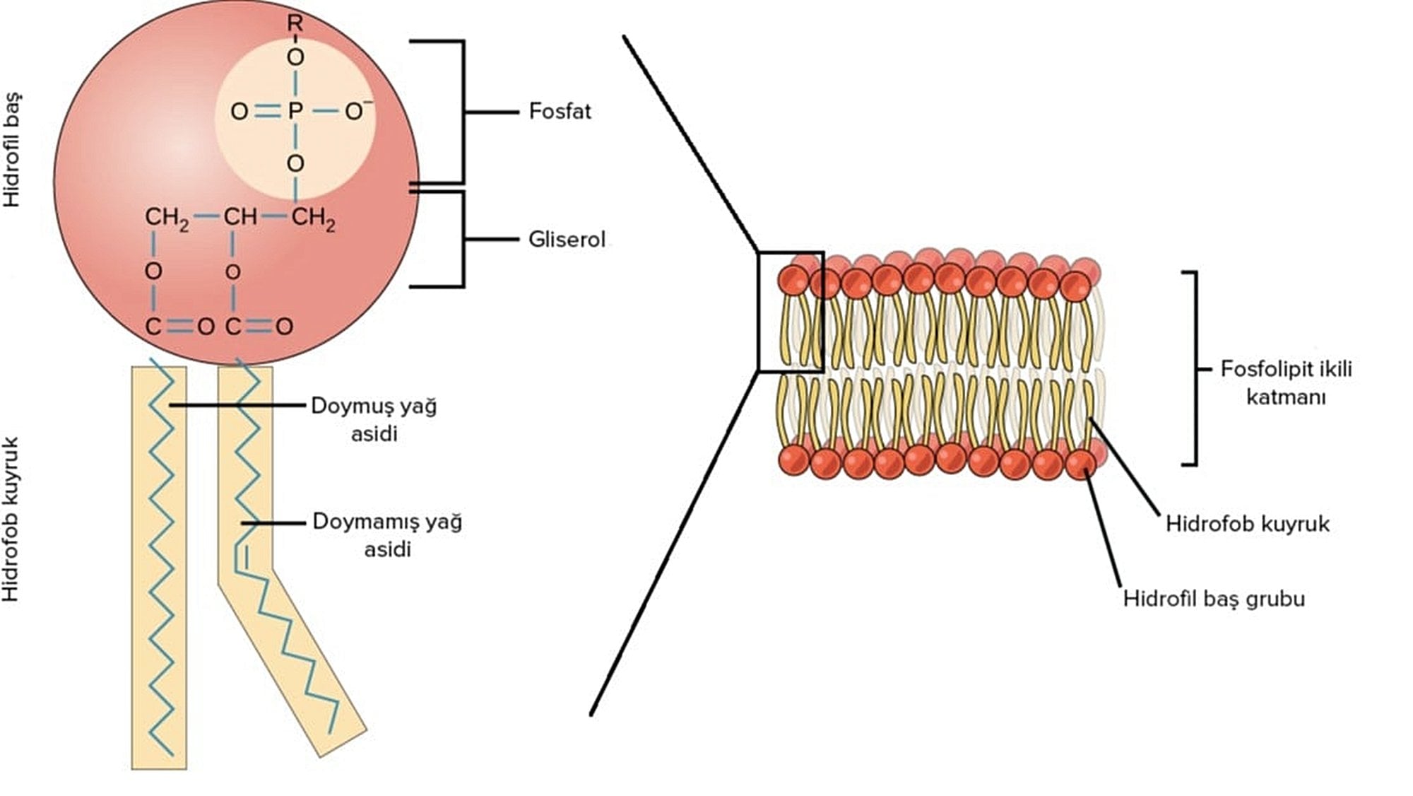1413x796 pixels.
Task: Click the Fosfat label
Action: [x=560, y=112]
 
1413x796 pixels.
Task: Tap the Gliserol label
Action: [x=567, y=240]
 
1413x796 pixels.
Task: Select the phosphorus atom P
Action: [x=295, y=111]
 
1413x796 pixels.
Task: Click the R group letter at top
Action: [x=295, y=23]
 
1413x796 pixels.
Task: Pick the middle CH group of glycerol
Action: [x=240, y=217]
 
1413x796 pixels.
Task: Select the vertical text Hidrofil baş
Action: [x=12, y=149]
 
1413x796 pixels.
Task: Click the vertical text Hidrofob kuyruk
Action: [x=11, y=520]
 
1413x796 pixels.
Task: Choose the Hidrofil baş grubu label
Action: [x=1214, y=599]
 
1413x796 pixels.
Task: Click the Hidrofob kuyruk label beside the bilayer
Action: [x=1247, y=524]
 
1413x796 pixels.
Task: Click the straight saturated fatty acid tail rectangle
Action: [x=159, y=566]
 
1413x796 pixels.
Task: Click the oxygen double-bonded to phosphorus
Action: [x=240, y=111]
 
